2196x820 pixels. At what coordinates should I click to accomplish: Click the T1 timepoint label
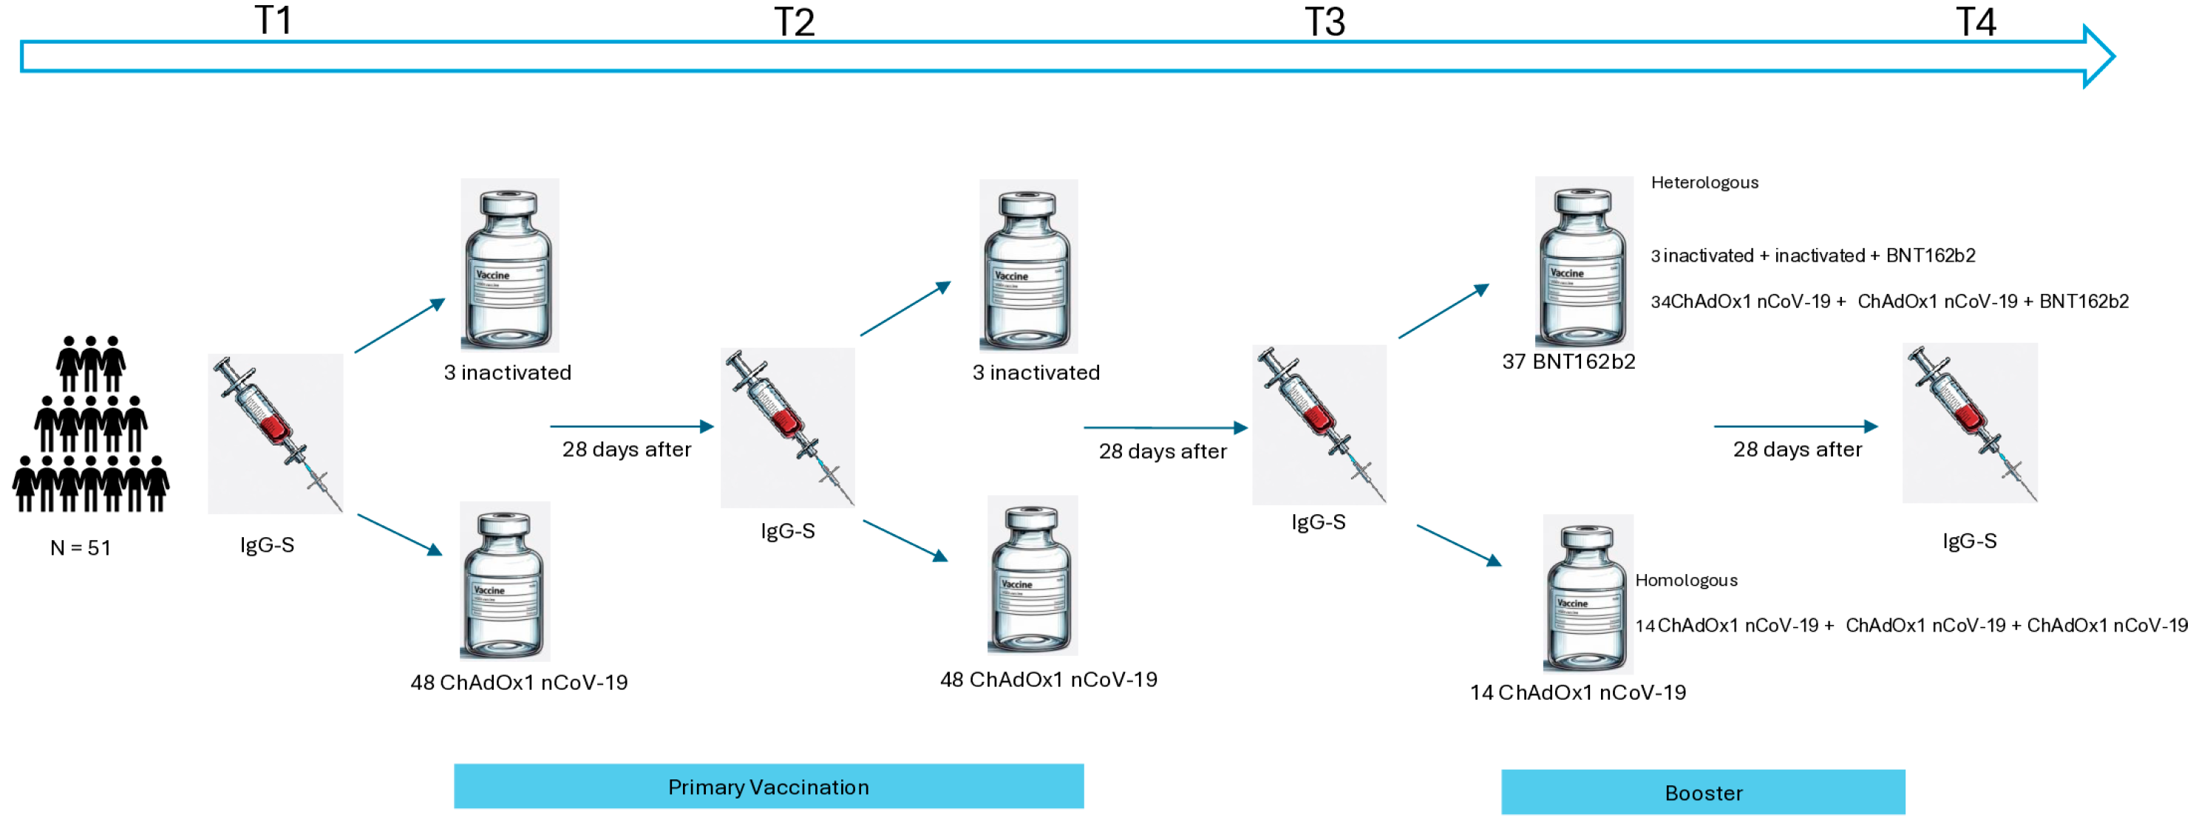click(273, 21)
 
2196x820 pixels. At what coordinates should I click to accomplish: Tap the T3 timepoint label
click(1324, 22)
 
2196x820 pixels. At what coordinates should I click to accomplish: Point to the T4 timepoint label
click(1975, 22)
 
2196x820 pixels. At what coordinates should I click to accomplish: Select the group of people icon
click(90, 423)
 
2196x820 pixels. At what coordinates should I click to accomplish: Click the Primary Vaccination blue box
click(768, 786)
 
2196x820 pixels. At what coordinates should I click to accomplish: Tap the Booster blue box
click(1702, 792)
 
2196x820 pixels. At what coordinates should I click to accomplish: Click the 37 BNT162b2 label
click(1568, 361)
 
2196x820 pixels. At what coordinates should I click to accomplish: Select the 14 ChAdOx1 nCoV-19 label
click(1577, 692)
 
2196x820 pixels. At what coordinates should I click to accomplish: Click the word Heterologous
click(1704, 182)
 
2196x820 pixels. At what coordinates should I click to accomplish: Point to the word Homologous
click(1685, 581)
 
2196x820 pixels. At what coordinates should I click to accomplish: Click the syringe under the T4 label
click(1969, 423)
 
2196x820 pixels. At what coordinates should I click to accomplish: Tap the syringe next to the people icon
click(276, 433)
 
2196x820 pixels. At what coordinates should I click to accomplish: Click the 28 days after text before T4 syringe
click(1797, 449)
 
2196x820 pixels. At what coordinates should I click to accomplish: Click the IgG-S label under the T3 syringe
click(1318, 522)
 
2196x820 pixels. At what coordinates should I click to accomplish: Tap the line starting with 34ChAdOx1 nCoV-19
click(1889, 301)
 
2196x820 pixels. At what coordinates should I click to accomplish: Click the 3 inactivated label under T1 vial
click(507, 372)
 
